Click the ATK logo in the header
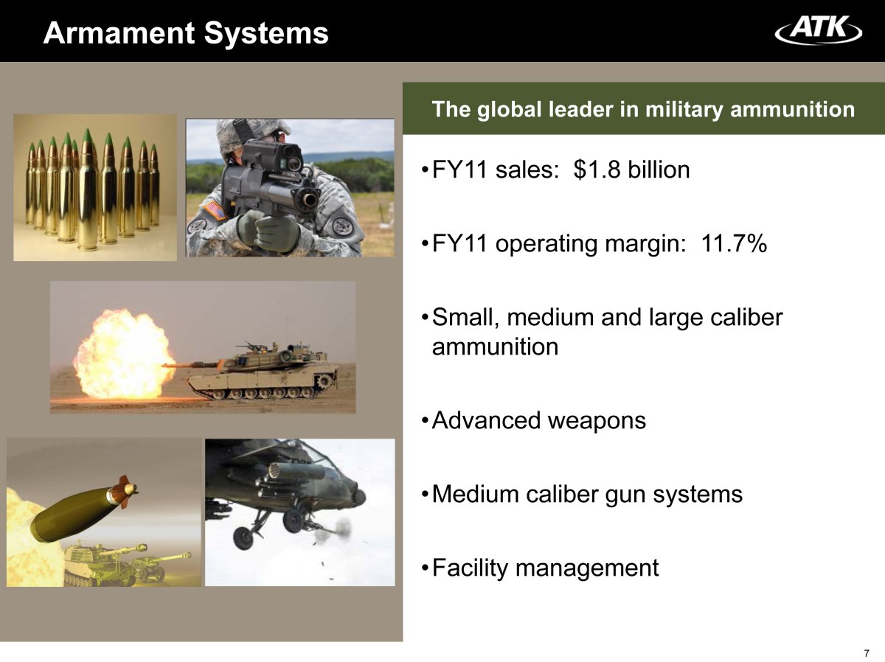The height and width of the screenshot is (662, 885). pos(818,29)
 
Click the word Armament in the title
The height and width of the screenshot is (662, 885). pos(119,33)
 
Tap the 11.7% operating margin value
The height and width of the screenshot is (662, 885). pos(734,243)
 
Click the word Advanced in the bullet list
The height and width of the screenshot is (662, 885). pos(486,420)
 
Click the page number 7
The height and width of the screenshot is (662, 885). pos(867,652)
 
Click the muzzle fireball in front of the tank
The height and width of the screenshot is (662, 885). pos(123,355)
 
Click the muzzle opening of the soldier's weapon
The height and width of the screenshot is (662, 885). pos(309,199)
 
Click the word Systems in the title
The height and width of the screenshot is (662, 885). pos(266,34)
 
